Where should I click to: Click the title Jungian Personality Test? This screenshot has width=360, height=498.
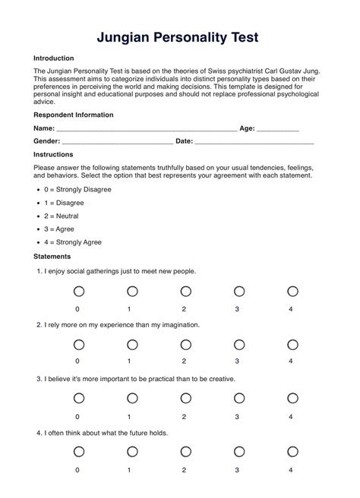(179, 36)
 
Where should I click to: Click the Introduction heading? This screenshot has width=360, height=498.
(54, 58)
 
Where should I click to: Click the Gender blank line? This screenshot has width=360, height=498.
(118, 142)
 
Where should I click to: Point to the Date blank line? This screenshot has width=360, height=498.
(255, 142)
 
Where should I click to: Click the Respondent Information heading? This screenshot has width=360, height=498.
(74, 115)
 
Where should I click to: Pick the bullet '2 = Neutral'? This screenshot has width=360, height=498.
(62, 216)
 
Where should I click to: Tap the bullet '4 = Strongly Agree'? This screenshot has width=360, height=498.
(74, 242)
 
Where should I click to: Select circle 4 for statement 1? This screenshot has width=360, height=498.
(292, 291)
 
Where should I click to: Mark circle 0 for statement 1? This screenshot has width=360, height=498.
(78, 291)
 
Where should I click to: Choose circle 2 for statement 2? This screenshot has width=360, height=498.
(185, 345)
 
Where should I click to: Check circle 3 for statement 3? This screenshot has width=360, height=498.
(239, 398)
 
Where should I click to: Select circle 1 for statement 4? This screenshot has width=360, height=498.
(132, 452)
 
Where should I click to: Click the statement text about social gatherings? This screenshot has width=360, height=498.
(120, 271)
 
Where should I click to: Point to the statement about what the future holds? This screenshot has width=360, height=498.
(106, 433)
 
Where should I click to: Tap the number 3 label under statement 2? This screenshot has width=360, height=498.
(238, 361)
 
